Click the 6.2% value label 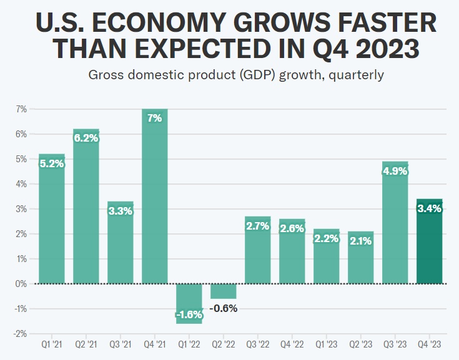[x=86, y=139]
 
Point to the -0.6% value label [x=224, y=308]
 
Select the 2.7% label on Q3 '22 [x=258, y=226]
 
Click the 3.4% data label [x=430, y=208]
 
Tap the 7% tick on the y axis [x=21, y=109]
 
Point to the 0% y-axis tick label [x=21, y=284]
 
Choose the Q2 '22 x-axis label [x=224, y=344]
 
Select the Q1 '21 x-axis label [x=52, y=344]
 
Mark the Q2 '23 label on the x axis [x=361, y=344]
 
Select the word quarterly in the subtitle [x=354, y=75]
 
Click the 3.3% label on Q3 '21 [x=121, y=211]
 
